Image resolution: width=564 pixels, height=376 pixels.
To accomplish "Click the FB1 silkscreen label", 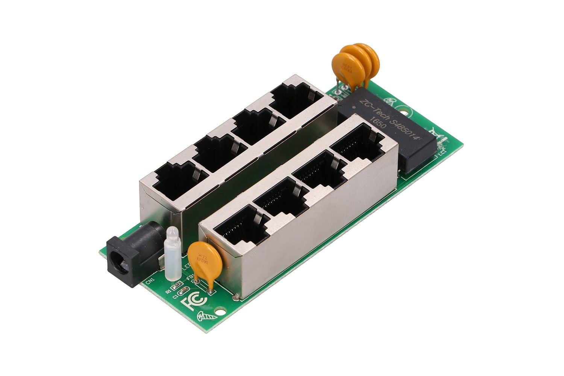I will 191,277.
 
